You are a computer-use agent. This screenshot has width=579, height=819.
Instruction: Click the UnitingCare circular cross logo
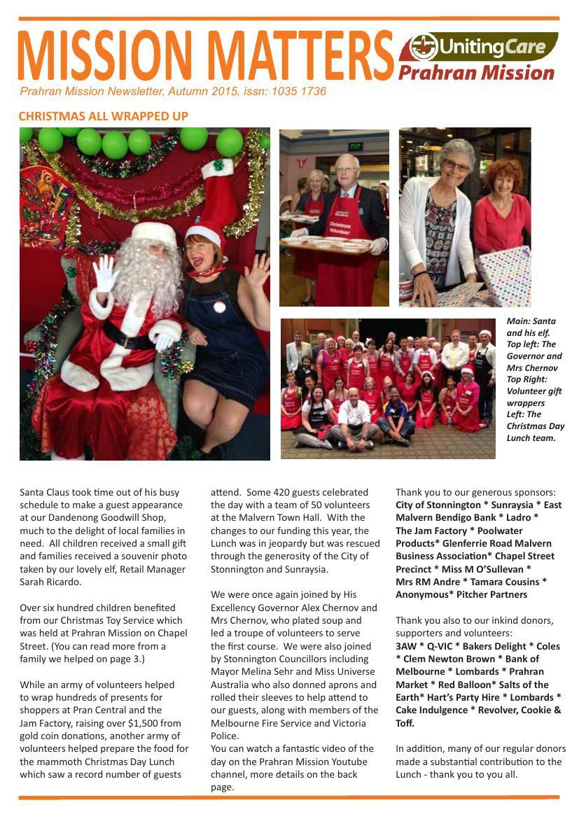[x=424, y=47]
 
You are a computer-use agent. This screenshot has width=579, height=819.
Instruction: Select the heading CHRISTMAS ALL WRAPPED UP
[x=104, y=116]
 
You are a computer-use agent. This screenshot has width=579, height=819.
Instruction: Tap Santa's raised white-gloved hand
[x=106, y=273]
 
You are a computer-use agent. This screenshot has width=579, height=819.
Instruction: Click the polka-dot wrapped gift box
[x=506, y=275]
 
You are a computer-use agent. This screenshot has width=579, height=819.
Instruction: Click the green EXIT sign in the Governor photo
[x=356, y=146]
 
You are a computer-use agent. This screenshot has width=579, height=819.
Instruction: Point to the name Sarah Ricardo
[x=50, y=582]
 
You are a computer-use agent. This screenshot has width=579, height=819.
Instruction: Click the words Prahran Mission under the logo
[x=476, y=72]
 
